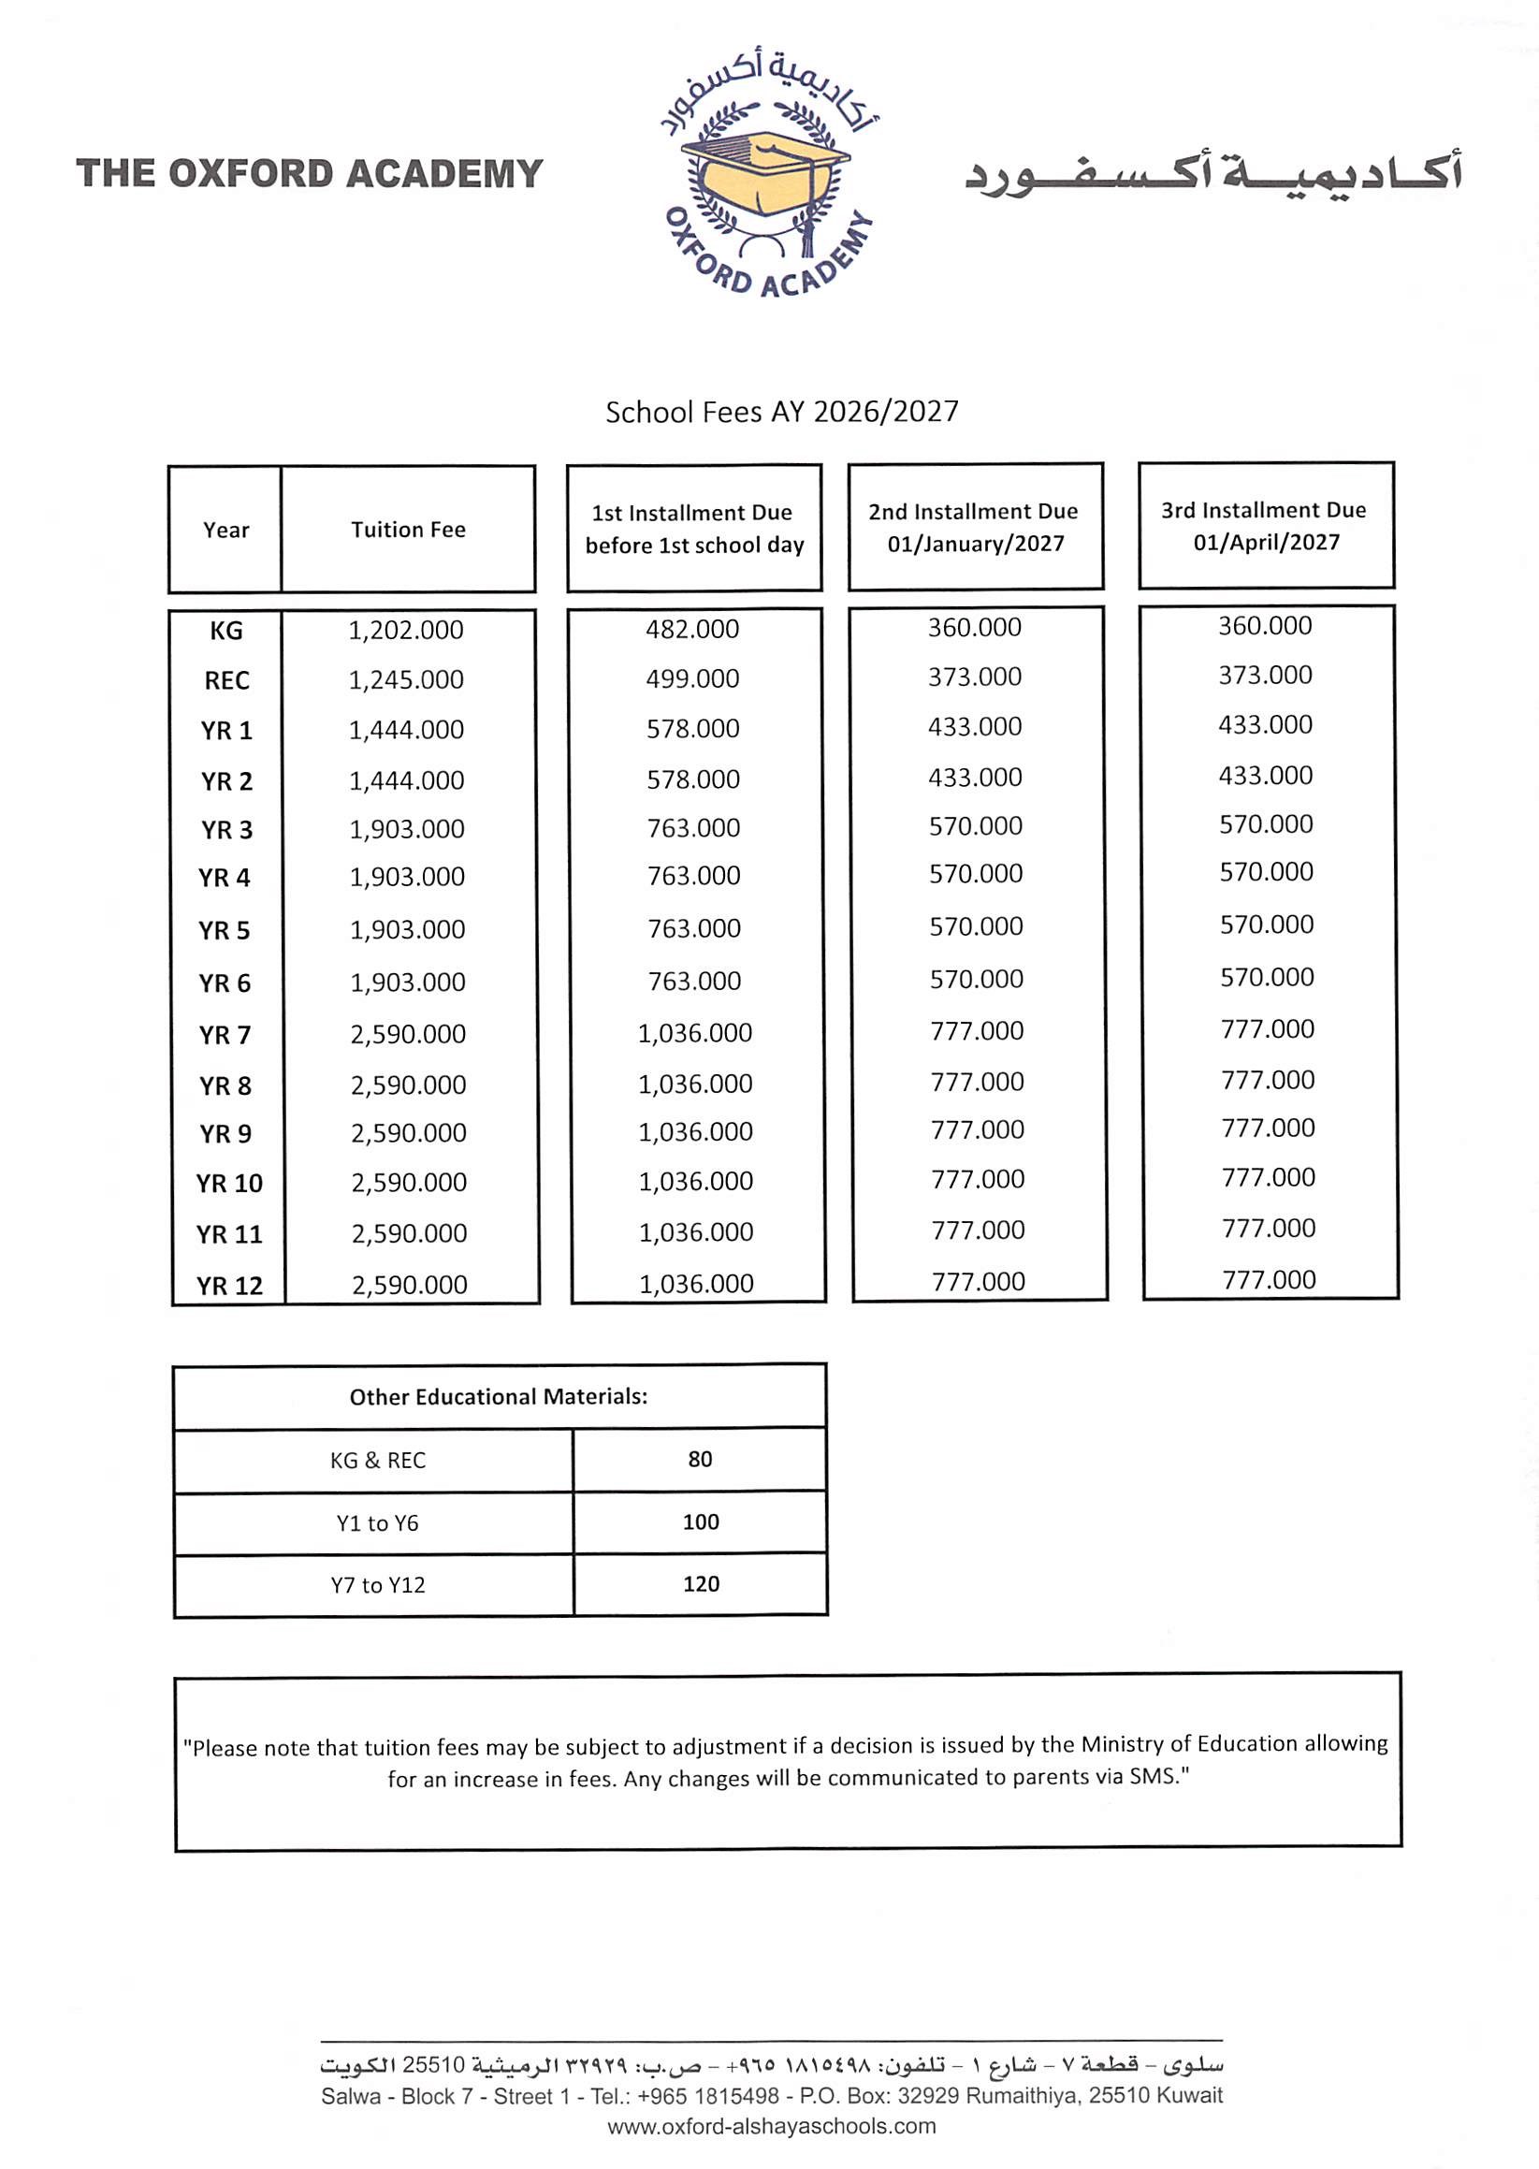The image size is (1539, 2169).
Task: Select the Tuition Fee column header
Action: [x=409, y=530]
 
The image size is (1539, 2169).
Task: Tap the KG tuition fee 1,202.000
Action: [x=407, y=630]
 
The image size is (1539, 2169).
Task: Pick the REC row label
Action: [x=226, y=680]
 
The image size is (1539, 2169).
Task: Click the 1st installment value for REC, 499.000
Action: [x=692, y=678]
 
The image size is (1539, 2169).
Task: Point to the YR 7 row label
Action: [x=225, y=1035]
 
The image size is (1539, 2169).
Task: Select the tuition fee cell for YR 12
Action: [x=410, y=1285]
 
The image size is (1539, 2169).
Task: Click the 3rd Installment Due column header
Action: [x=1265, y=526]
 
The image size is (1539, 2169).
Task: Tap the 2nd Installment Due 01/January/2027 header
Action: [x=974, y=527]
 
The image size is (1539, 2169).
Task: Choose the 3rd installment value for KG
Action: [x=1265, y=625]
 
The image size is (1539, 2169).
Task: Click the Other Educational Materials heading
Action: [x=499, y=1397]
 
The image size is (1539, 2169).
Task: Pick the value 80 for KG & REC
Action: [x=701, y=1460]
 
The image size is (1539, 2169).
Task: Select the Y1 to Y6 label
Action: [x=377, y=1522]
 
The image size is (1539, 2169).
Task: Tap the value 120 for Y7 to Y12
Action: [x=702, y=1583]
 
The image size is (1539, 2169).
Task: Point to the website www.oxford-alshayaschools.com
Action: [x=772, y=2125]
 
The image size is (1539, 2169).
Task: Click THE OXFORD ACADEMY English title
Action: [x=309, y=174]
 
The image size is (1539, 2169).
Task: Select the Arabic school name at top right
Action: [x=1213, y=173]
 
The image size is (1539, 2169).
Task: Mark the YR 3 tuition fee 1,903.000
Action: [x=408, y=829]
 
